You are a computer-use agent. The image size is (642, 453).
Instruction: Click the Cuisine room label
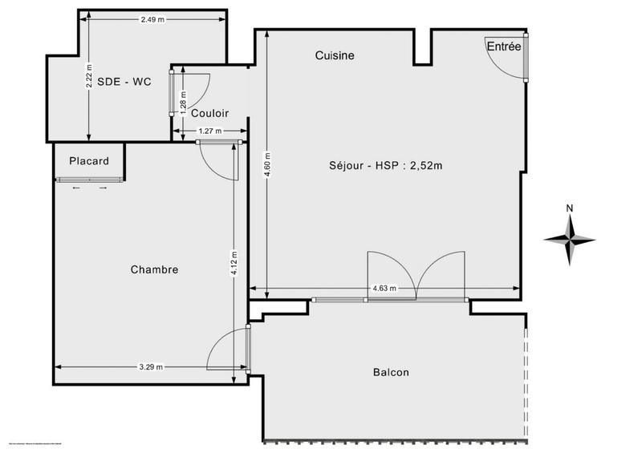coord(335,55)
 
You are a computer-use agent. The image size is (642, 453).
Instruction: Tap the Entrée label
coord(504,47)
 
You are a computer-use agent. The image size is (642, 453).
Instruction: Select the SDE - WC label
coord(124,81)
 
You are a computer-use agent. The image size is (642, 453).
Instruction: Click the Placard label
coord(88,160)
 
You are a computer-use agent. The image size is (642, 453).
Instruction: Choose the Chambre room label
coord(154,269)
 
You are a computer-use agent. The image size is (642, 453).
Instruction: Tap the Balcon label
coord(391,372)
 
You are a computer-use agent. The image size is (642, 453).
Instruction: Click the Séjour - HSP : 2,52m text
coord(386,166)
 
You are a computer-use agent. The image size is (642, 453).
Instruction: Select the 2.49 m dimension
coord(152,19)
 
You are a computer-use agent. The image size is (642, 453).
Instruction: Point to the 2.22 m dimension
coord(89,77)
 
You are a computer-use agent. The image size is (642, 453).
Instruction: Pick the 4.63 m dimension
coord(384,289)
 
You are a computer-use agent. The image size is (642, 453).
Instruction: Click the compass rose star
coord(569,239)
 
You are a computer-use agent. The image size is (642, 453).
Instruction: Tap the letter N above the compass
coord(569,208)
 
